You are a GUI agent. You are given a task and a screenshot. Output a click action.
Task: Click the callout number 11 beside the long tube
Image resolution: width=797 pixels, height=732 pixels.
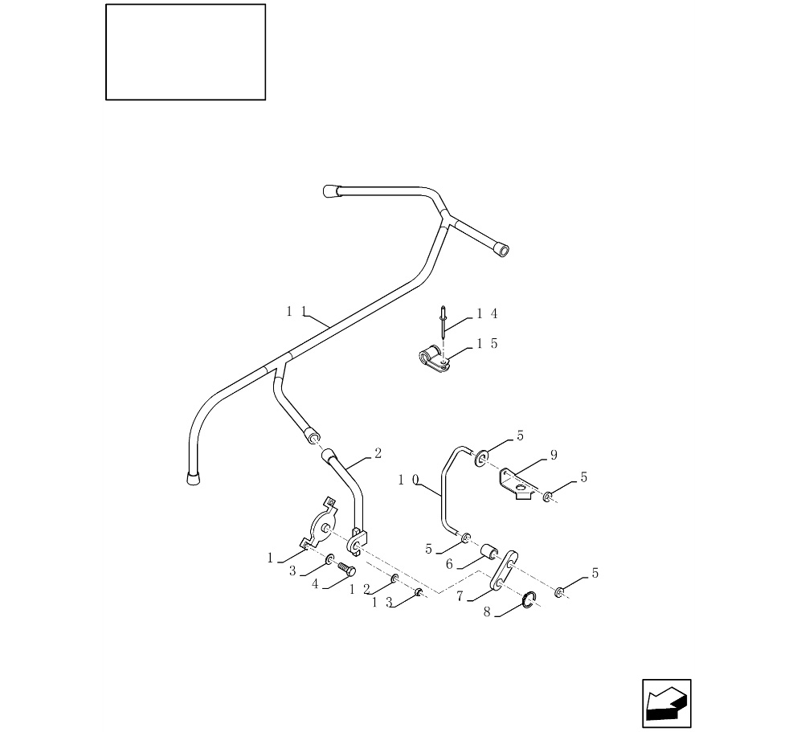tap(294, 312)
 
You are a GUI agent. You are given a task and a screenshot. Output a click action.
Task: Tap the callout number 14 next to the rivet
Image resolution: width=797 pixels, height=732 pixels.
tap(487, 313)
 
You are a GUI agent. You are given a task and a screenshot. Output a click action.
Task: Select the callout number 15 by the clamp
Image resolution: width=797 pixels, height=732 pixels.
tap(487, 344)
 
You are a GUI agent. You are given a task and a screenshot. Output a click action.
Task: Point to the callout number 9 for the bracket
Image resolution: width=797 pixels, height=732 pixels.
tap(554, 456)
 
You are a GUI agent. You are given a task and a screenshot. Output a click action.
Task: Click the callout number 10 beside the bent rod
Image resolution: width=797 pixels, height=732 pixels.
tap(408, 480)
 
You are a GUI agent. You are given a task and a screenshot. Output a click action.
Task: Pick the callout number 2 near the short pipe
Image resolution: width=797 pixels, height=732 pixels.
tap(378, 453)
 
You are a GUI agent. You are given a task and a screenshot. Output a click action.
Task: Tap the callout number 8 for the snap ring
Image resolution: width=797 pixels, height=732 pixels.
tap(487, 612)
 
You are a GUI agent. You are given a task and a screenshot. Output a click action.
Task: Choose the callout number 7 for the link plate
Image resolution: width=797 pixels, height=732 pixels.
tap(460, 596)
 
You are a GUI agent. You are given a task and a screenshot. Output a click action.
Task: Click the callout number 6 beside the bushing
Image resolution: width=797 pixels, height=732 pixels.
tap(449, 565)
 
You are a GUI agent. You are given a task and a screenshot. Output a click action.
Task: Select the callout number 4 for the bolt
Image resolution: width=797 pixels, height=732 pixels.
tap(317, 585)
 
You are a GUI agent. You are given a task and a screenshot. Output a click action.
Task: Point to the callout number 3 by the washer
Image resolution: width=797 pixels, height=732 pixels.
tap(292, 570)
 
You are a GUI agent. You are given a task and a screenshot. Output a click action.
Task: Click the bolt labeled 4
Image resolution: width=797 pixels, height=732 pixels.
tap(346, 570)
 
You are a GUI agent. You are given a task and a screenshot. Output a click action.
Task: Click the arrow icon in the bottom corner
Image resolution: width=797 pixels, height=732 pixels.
tap(667, 704)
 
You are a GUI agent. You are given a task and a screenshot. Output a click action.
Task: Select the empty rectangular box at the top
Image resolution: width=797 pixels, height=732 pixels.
tap(186, 52)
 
